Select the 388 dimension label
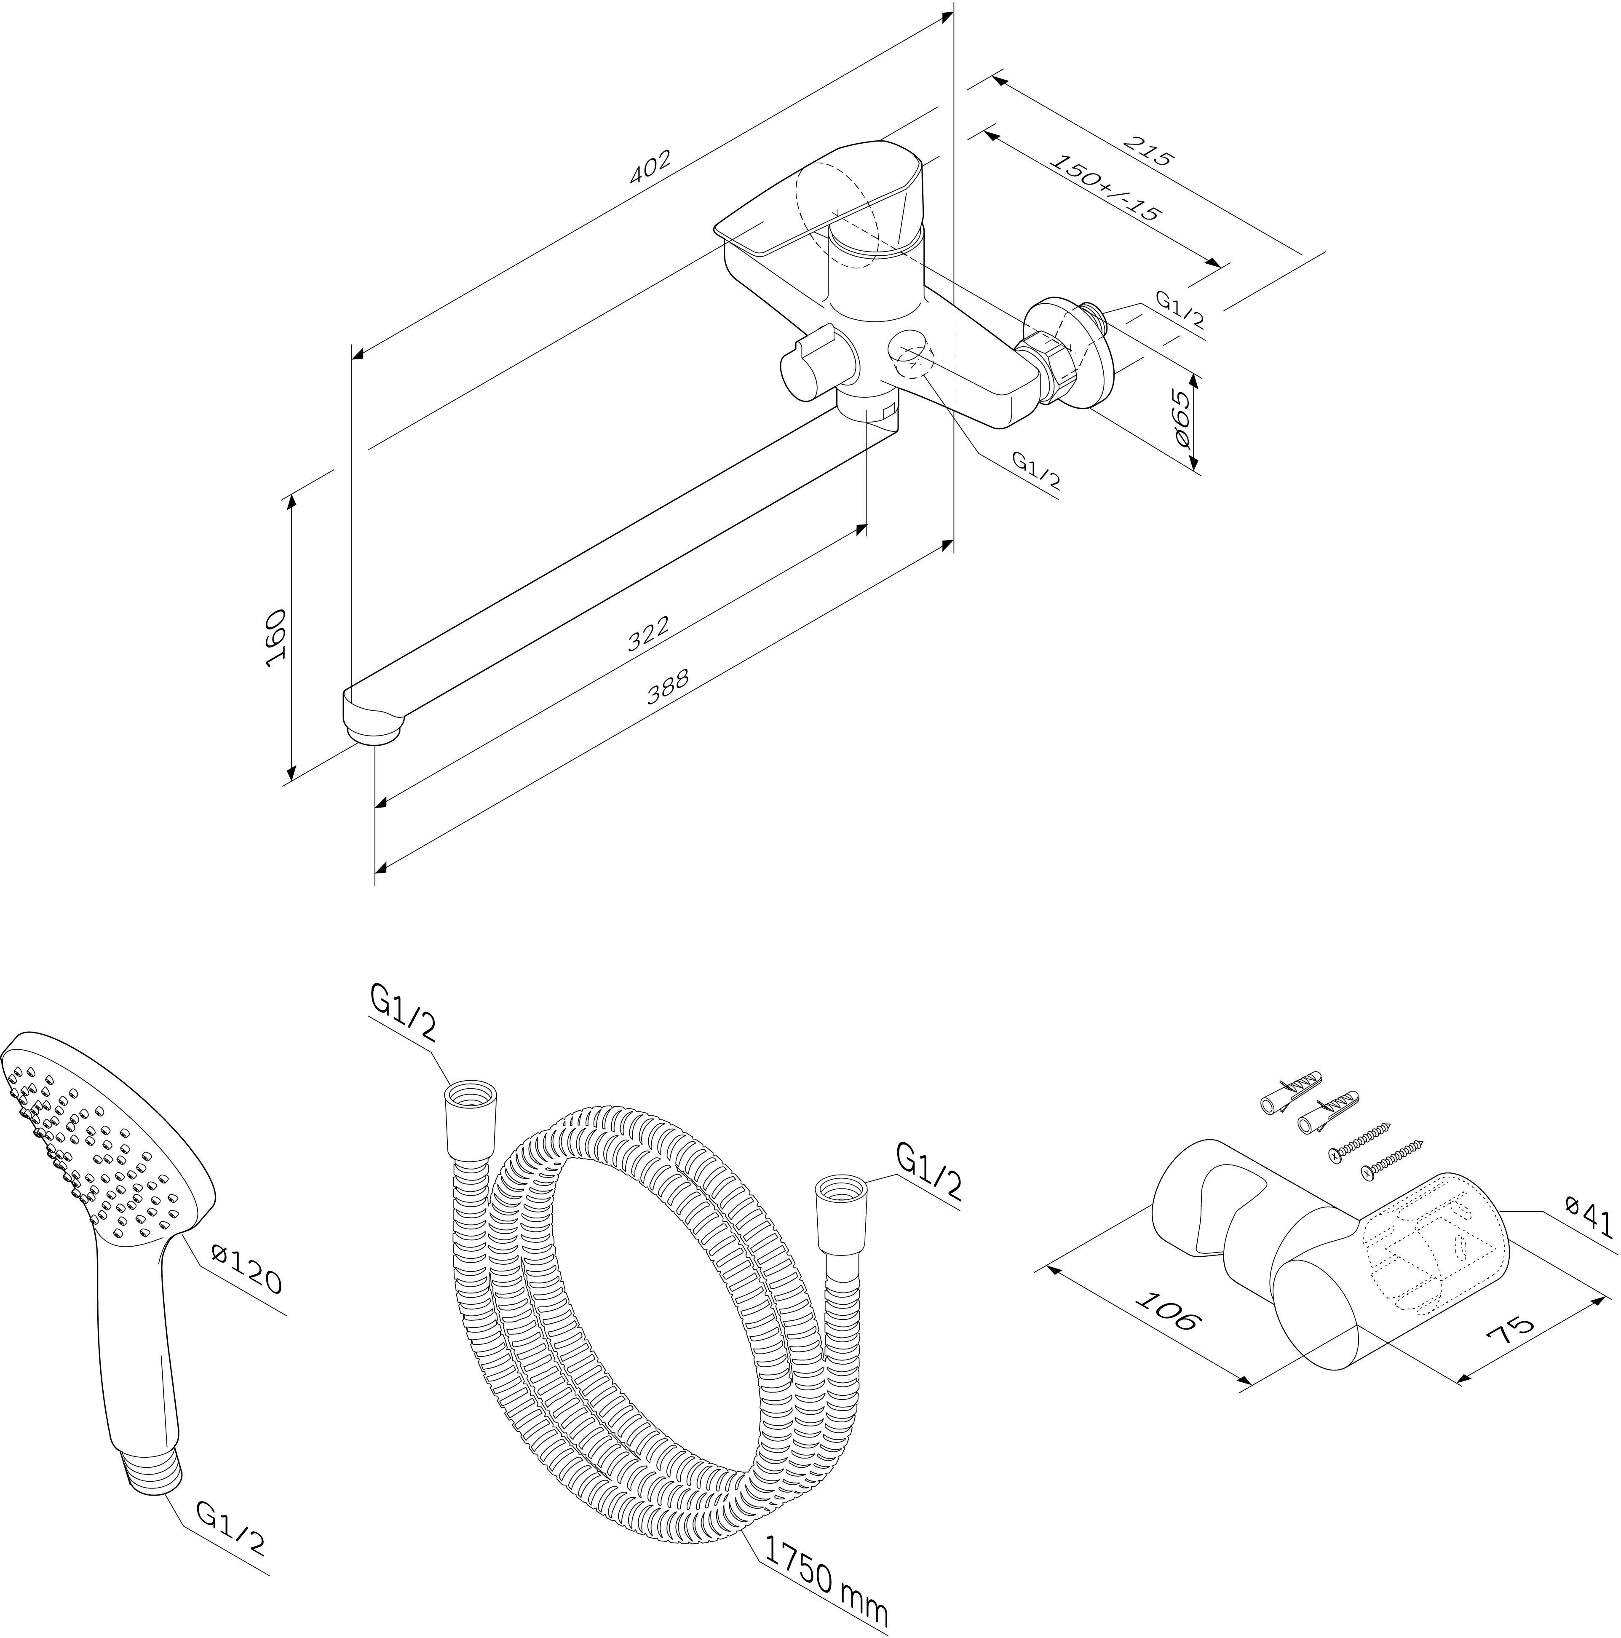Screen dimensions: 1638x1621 coord(668,687)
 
